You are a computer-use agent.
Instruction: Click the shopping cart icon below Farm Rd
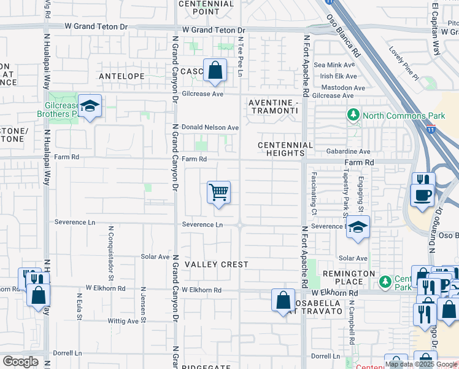click(x=218, y=193)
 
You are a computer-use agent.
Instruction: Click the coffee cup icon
click(x=423, y=196)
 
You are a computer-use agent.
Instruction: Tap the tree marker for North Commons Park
click(x=353, y=115)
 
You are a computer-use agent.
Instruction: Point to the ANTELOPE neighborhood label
click(x=122, y=76)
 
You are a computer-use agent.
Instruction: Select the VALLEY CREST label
click(x=217, y=264)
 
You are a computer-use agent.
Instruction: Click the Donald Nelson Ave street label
click(x=209, y=127)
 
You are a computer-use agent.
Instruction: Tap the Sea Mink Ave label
click(x=334, y=65)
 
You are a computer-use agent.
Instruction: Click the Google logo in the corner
click(x=20, y=362)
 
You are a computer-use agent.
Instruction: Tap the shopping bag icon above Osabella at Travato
click(x=282, y=301)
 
